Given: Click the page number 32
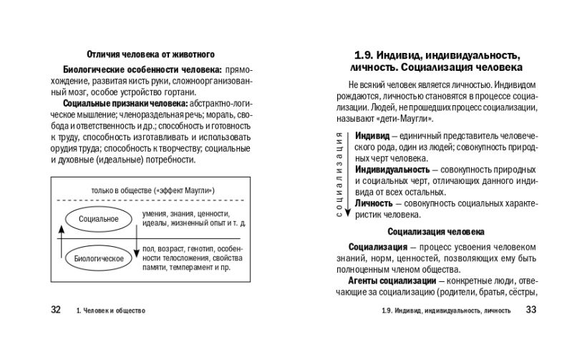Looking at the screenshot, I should pyautogui.click(x=56, y=310).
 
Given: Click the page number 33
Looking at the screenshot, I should pyautogui.click(x=530, y=310).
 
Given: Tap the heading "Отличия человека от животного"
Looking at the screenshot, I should pyautogui.click(x=150, y=54).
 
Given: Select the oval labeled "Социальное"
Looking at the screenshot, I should pyautogui.click(x=99, y=218).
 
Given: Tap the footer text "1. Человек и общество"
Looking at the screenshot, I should pyautogui.click(x=111, y=311).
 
